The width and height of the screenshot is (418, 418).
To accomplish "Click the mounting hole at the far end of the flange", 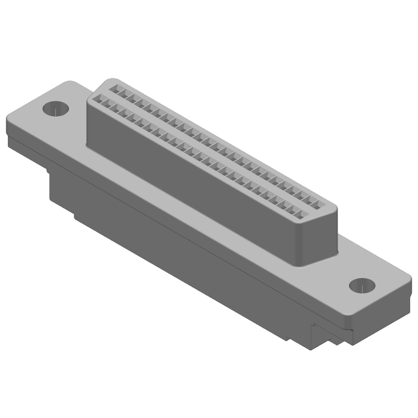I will tap(55, 109).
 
